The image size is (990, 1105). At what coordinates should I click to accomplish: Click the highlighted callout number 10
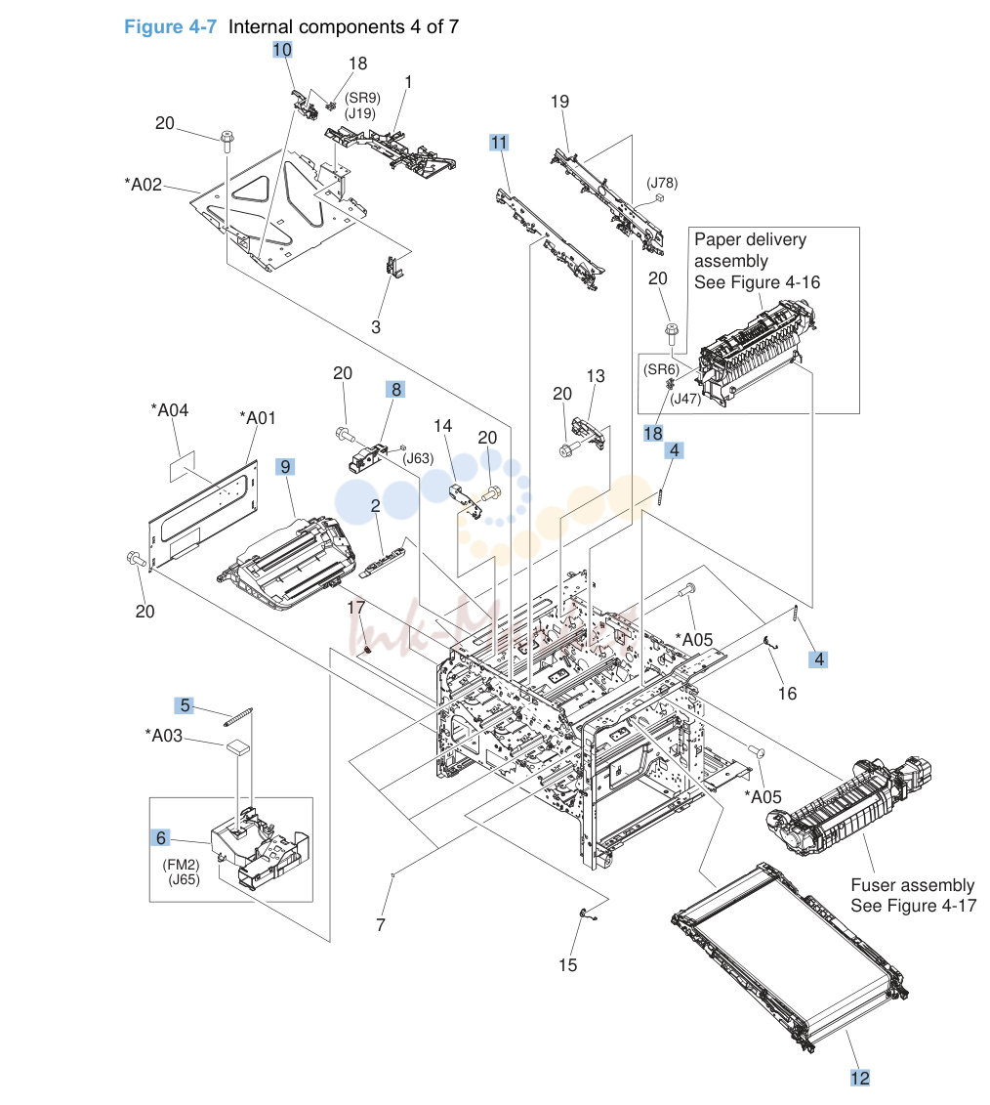click(x=281, y=49)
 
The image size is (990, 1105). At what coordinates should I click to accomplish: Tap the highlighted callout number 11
click(x=499, y=143)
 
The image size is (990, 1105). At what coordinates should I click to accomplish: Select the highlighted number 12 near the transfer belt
click(x=860, y=1079)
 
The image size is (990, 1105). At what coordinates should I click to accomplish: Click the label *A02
click(x=143, y=185)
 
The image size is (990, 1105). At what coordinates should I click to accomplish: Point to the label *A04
click(x=170, y=410)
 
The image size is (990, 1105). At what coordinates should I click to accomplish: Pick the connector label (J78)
click(x=662, y=184)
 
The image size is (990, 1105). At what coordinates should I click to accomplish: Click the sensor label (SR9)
click(x=362, y=98)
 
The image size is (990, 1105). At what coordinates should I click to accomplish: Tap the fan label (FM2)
click(x=181, y=865)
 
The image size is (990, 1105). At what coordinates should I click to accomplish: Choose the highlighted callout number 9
click(x=285, y=467)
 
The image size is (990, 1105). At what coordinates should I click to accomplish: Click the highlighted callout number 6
click(x=160, y=837)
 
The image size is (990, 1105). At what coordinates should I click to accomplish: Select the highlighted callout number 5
click(x=184, y=705)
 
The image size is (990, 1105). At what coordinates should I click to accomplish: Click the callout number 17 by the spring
click(x=356, y=608)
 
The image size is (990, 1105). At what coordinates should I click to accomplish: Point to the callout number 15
click(x=567, y=964)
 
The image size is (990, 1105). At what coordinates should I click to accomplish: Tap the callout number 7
click(x=381, y=924)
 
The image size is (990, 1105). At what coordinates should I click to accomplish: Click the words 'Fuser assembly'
click(x=913, y=885)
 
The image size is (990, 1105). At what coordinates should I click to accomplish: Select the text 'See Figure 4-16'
click(x=757, y=282)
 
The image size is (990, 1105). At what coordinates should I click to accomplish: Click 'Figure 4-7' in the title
click(x=171, y=26)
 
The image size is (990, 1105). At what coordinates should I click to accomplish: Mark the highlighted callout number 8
click(x=396, y=389)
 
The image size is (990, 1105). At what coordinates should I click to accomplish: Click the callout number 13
click(x=596, y=375)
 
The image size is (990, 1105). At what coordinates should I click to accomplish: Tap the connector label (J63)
click(x=418, y=458)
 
